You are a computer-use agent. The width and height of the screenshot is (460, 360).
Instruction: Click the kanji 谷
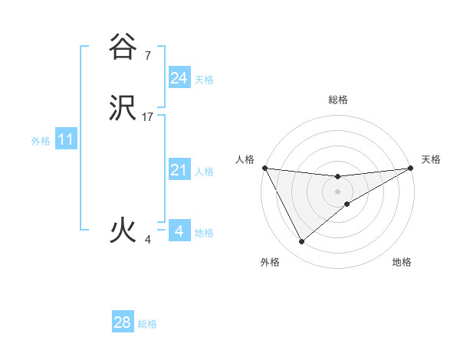tap(123, 47)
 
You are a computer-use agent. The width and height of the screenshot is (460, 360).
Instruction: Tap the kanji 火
tap(123, 231)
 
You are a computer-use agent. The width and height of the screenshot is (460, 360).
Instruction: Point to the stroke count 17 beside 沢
tap(148, 117)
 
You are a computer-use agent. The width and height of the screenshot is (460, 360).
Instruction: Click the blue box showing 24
tap(179, 78)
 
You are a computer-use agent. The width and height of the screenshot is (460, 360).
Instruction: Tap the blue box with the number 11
tap(66, 140)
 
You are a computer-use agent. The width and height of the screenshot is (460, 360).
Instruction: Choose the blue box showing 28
tap(123, 322)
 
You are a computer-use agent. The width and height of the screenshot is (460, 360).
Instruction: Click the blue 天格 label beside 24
tap(204, 80)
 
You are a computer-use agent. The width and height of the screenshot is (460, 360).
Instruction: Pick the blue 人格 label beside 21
tap(204, 172)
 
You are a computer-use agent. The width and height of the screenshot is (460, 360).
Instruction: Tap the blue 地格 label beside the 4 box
tap(204, 233)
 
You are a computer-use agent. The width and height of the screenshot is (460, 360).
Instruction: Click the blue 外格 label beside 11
tap(41, 141)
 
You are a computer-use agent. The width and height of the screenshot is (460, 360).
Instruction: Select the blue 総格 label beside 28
tap(147, 324)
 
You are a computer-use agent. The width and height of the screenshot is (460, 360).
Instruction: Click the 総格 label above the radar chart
tap(337, 100)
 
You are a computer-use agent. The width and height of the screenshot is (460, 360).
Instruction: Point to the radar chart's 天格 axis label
tap(431, 159)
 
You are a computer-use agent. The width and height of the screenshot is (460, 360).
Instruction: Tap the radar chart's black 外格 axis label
tap(270, 263)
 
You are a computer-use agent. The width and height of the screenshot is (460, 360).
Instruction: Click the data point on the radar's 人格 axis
tap(265, 168)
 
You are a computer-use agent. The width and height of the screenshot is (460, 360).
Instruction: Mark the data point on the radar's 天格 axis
tap(411, 168)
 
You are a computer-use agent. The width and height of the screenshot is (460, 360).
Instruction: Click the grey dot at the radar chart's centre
tap(337, 191)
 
